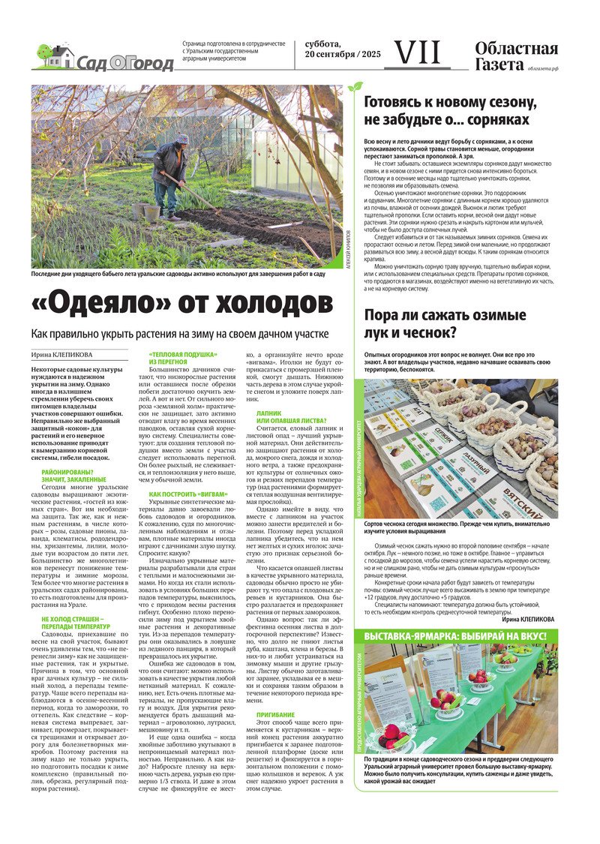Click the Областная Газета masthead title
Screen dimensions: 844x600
(x=516, y=57)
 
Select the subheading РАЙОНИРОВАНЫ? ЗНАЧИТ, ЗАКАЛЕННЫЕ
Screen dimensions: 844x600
(x=73, y=475)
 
